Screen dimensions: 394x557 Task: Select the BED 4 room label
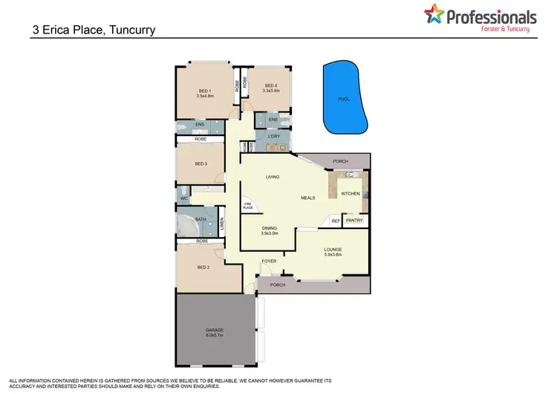point(270,85)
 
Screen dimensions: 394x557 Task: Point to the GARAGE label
point(215,329)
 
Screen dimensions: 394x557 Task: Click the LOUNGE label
point(332,250)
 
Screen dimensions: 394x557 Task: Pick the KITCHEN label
point(351,193)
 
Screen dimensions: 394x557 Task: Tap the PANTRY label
point(354,221)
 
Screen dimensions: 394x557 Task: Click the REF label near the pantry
point(336,221)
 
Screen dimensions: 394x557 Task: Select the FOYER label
point(269,261)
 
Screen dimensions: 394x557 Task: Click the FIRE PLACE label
point(247,207)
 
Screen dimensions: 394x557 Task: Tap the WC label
point(183,198)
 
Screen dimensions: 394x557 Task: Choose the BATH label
point(201,220)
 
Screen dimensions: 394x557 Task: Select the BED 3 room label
point(201,164)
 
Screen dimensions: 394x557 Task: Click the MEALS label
point(308,198)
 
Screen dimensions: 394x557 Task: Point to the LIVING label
point(271,176)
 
